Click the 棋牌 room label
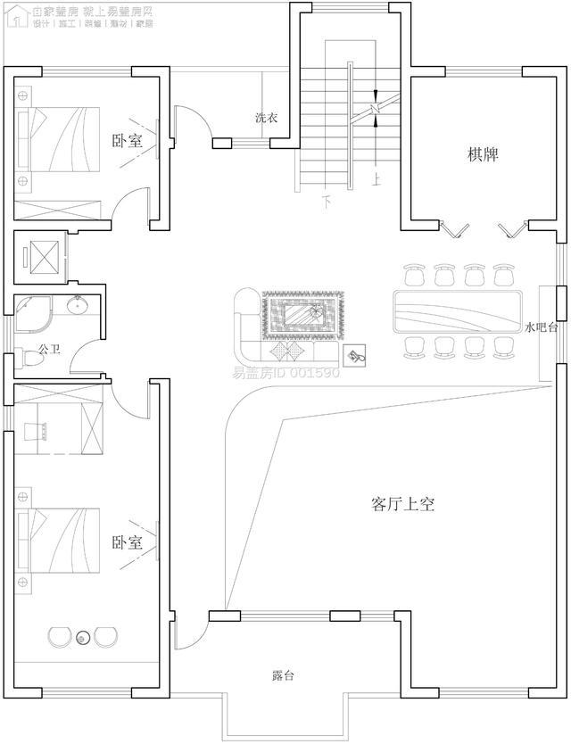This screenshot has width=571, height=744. (483, 154)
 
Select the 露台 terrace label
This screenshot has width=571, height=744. (283, 676)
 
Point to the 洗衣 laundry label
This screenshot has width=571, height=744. (266, 118)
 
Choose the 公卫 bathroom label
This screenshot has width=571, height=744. (48, 350)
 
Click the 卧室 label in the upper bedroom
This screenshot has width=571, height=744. (127, 141)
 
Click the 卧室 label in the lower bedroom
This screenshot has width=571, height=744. (127, 542)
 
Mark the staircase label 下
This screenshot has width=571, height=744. (327, 202)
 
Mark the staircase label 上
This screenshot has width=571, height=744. (377, 179)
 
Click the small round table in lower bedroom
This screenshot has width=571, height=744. (83, 637)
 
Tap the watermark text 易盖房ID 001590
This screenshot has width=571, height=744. (286, 372)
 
